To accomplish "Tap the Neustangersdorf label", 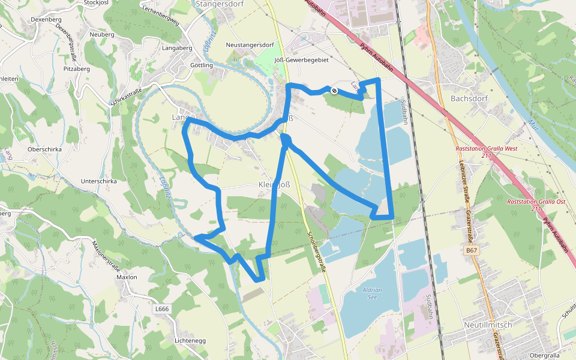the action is pyautogui.click(x=250, y=45).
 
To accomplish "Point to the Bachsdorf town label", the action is pyautogui.click(x=469, y=98).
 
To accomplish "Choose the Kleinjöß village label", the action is pyautogui.click(x=274, y=184).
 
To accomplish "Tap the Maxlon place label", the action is pyautogui.click(x=127, y=277).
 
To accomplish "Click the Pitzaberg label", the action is pyautogui.click(x=76, y=69).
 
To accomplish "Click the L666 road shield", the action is pyautogui.click(x=162, y=309).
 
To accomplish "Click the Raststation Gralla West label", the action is pyautogui.click(x=486, y=151).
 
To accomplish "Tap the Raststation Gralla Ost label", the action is pyautogui.click(x=536, y=205).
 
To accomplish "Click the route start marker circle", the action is pyautogui.click(x=334, y=91).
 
